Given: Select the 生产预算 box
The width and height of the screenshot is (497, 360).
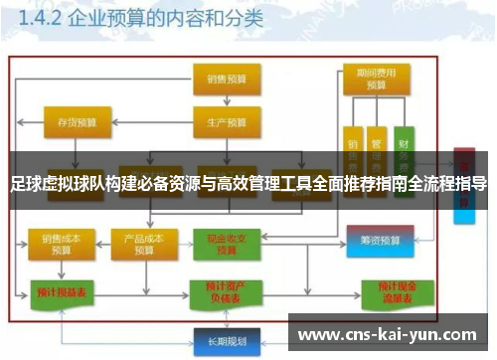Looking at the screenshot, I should (221, 123).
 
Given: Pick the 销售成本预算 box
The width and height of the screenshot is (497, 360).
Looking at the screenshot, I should (56, 244).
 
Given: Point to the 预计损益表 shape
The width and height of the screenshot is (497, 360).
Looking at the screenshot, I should (58, 293).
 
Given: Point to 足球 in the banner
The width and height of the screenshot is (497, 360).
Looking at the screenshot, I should (21, 183).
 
